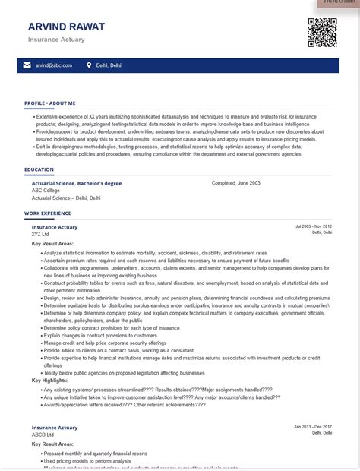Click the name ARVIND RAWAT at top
pyautogui.click(x=66, y=27)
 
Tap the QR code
pyautogui.click(x=321, y=33)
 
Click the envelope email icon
pyautogui.click(x=27, y=65)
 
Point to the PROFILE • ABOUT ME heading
pyautogui.click(x=50, y=103)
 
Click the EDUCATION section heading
pyautogui.click(x=39, y=169)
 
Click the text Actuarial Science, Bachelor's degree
pyautogui.click(x=77, y=183)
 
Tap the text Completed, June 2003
pyautogui.click(x=235, y=183)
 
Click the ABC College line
pyautogui.click(x=46, y=190)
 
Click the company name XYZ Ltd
pyautogui.click(x=41, y=234)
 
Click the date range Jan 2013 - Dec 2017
pyautogui.click(x=313, y=427)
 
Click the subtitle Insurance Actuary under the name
pyautogui.click(x=56, y=39)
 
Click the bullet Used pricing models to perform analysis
pyautogui.click(x=88, y=460)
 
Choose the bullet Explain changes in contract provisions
pyautogui.click(x=100, y=335)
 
